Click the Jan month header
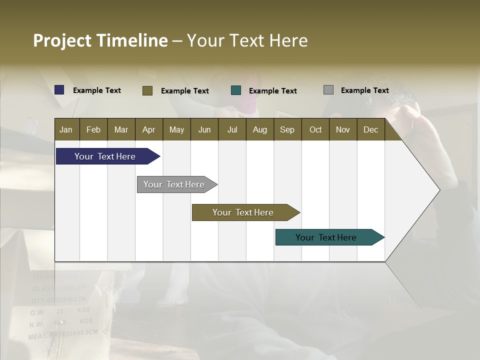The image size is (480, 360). tap(66, 129)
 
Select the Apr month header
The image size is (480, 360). tap(148, 129)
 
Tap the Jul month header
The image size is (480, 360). tap(232, 129)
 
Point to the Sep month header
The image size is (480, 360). tap(287, 129)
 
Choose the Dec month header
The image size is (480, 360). tap(370, 129)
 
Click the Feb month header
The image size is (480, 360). tap(93, 129)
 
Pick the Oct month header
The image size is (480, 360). tap(315, 129)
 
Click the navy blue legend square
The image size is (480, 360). tap(59, 90)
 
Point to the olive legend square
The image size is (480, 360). tap(147, 90)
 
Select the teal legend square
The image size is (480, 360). tap(236, 90)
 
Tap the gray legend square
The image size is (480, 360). tap(328, 90)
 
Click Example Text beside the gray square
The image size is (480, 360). tap(364, 90)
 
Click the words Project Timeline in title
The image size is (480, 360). tap(100, 40)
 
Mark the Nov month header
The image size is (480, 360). tap(342, 129)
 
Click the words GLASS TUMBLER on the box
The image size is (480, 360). tap(59, 288)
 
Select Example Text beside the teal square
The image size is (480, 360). tap(272, 91)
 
